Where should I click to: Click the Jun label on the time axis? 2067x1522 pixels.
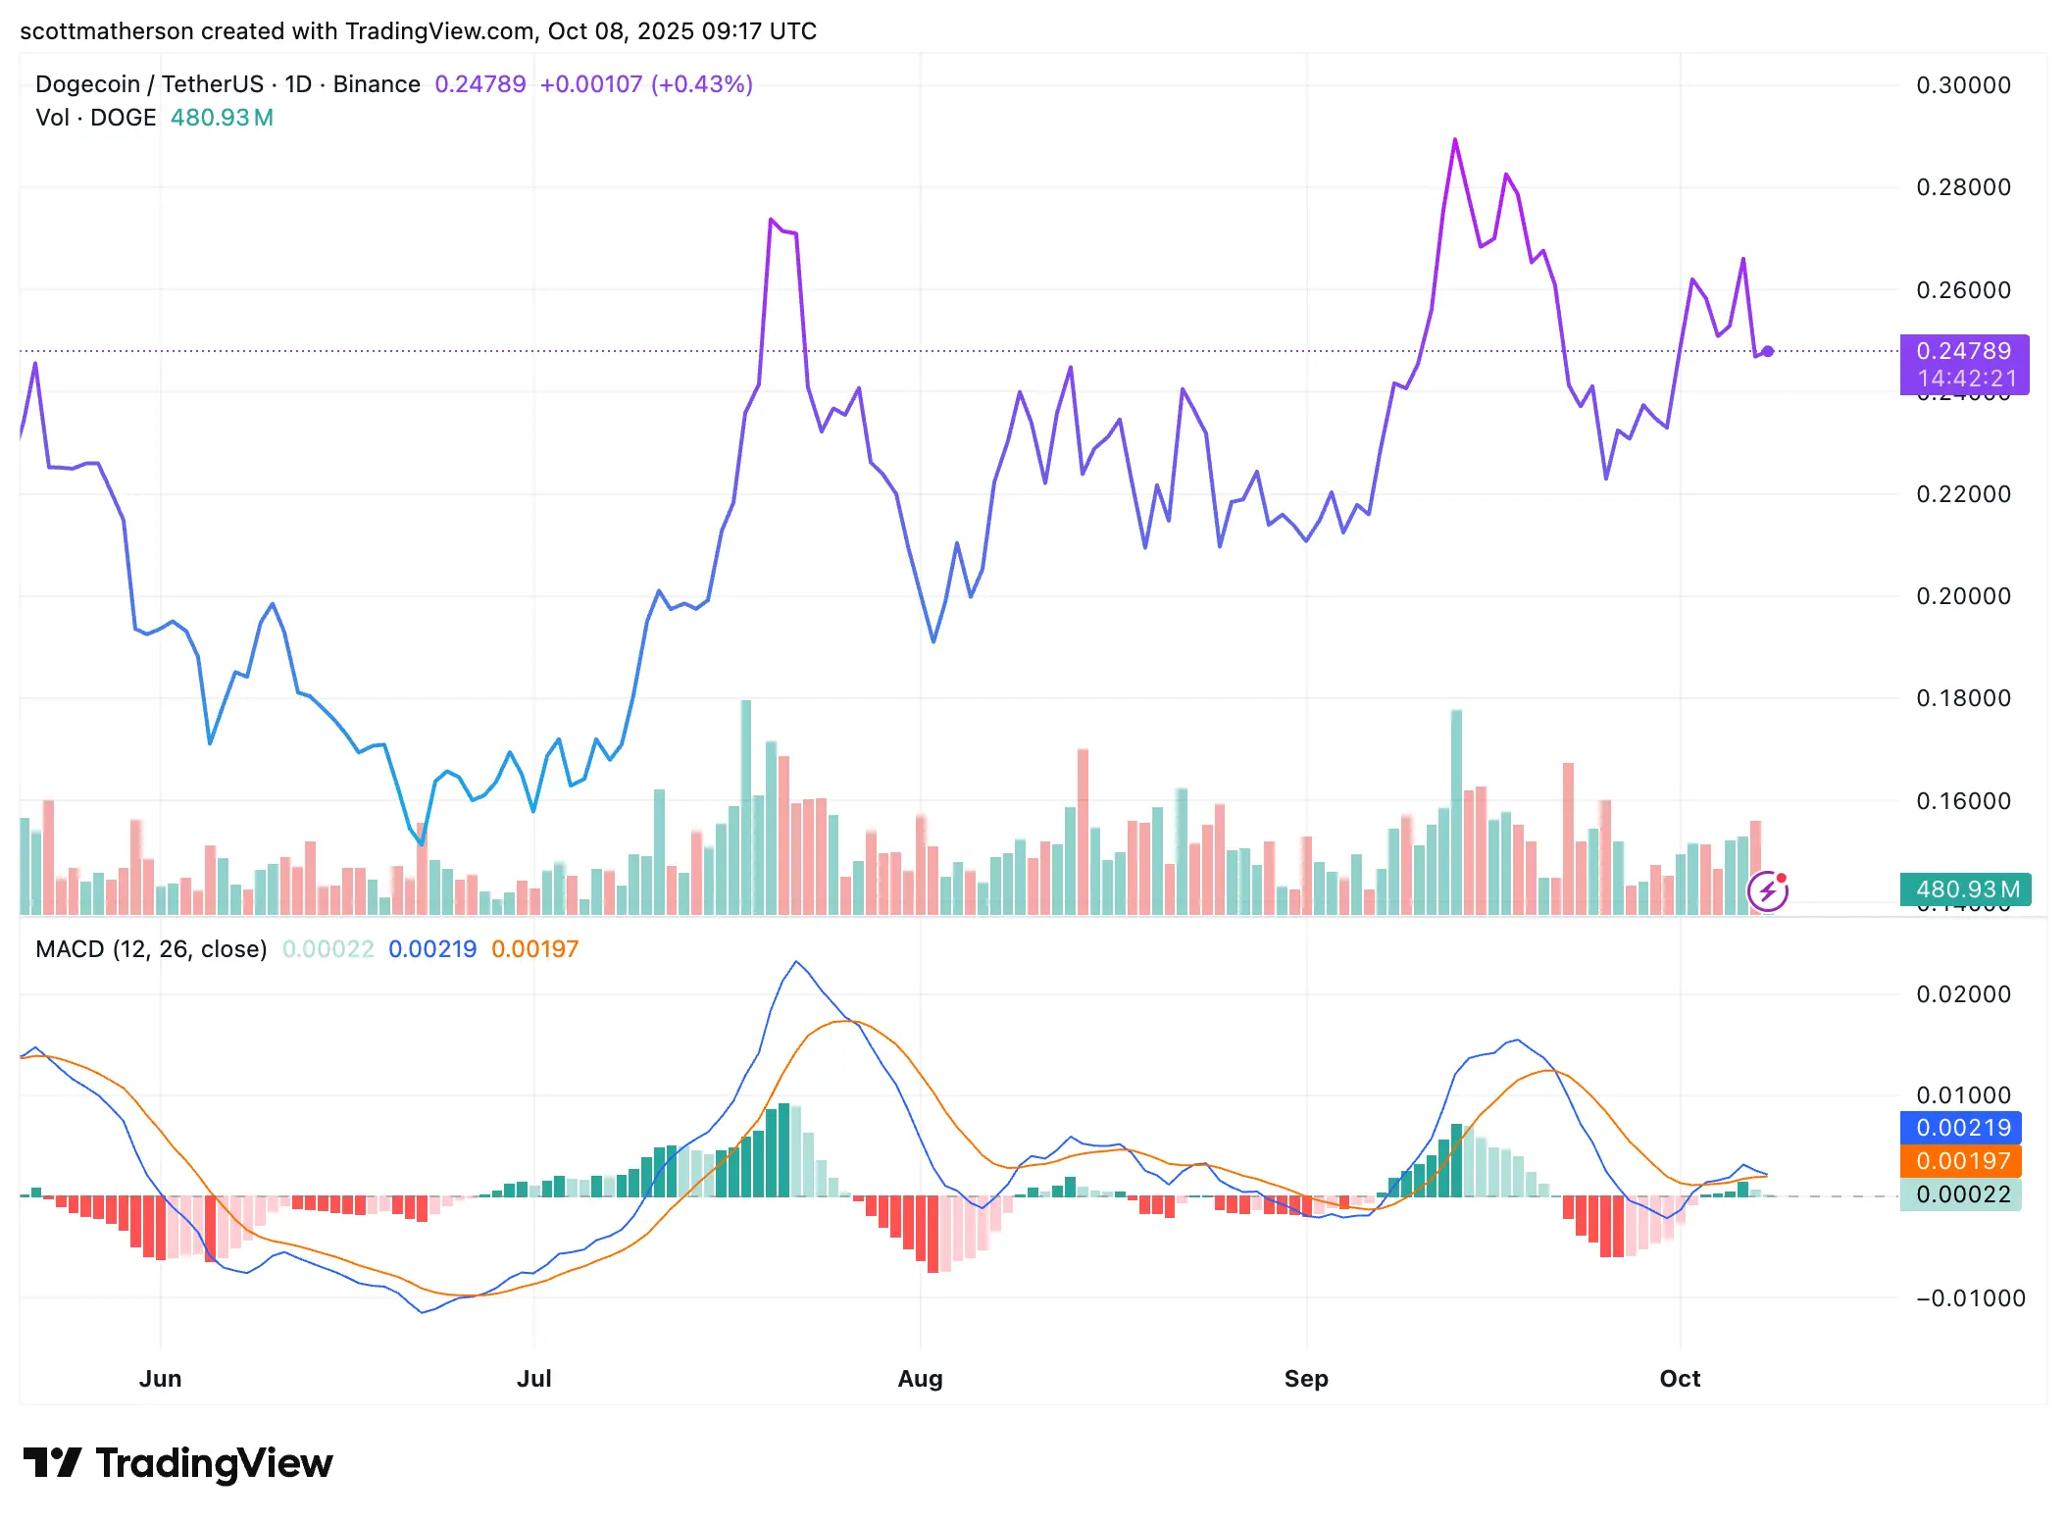(160, 1378)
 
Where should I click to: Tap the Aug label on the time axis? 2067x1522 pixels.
(920, 1378)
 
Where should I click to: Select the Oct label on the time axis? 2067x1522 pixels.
(1679, 1378)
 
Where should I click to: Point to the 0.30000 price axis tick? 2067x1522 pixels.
(1963, 85)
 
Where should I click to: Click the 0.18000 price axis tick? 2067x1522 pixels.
(1963, 698)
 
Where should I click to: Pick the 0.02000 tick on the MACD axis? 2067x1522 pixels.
(1963, 994)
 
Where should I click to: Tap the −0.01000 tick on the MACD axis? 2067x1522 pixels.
(1970, 1298)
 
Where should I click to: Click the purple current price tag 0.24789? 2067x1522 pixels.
(1963, 351)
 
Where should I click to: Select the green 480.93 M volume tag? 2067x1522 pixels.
(1965, 889)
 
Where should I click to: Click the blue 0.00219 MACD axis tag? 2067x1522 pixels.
(1961, 1128)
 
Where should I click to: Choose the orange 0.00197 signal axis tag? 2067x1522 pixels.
(1961, 1161)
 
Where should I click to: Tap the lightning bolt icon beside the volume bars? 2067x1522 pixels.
(1767, 891)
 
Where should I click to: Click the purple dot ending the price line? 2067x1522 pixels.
(1767, 351)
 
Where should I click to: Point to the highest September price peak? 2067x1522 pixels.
(1455, 140)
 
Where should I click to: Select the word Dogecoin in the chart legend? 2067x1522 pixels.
(87, 84)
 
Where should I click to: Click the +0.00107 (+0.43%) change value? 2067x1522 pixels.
(646, 84)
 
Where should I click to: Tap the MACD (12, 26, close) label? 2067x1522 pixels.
(151, 949)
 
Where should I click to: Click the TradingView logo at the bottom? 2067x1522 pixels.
(178, 1463)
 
